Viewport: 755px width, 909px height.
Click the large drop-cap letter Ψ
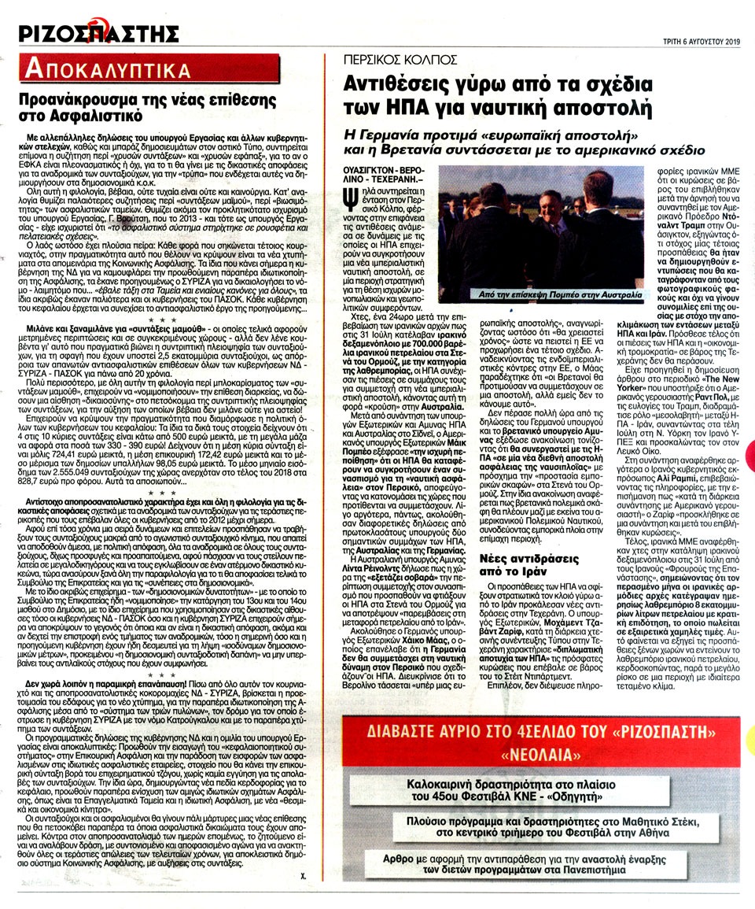(x=351, y=194)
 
